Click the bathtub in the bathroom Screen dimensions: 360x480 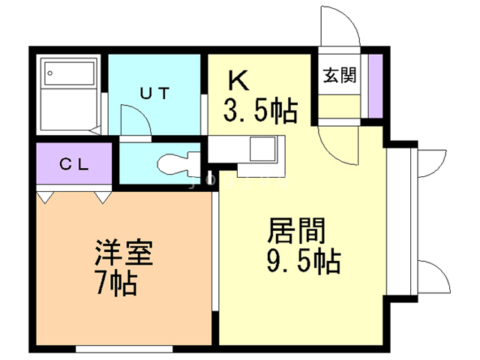click(70, 94)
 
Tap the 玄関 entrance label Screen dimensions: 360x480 click(340, 76)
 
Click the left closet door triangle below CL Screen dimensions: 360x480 click(47, 197)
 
